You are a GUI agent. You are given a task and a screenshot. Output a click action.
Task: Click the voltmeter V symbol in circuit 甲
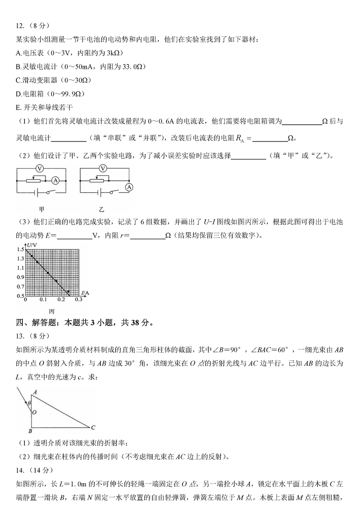click(x=39, y=169)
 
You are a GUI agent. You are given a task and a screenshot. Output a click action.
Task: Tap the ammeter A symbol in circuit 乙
click(x=129, y=187)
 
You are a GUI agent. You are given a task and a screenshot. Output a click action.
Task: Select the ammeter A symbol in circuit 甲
click(x=56, y=181)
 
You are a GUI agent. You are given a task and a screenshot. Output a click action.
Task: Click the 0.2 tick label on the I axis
click(x=61, y=299)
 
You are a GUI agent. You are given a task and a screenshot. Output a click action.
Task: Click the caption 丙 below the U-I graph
click(x=51, y=311)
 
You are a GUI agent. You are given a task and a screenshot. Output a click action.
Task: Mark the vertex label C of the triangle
click(x=93, y=428)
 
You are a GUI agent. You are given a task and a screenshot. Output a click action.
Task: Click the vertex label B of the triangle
click(x=30, y=431)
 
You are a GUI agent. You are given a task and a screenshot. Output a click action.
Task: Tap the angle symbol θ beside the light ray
click(x=29, y=403)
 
